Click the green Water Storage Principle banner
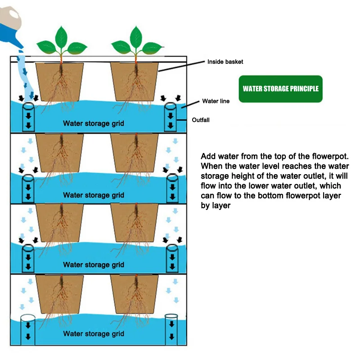[x=280, y=89]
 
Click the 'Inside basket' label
[x=225, y=62]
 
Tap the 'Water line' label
[x=216, y=101]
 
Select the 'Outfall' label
[x=201, y=120]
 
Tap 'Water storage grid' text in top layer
[x=93, y=123]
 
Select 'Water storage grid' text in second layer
[x=93, y=195]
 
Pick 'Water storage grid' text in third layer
[x=93, y=265]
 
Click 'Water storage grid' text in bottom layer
[x=93, y=333]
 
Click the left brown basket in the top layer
[x=59, y=81]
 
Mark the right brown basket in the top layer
[x=135, y=81]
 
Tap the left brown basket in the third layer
[x=59, y=223]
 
